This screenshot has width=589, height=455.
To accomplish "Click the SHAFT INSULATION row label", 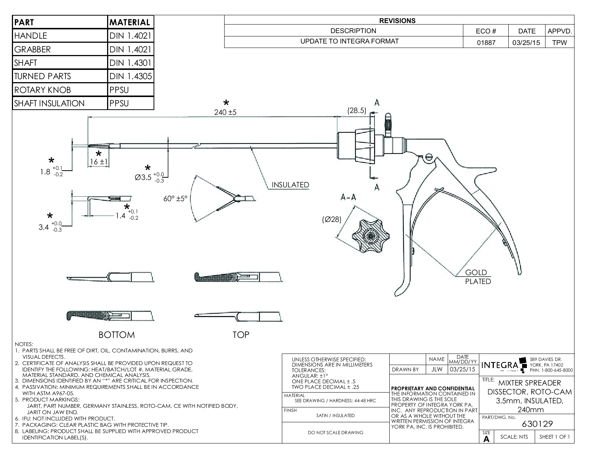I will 49,103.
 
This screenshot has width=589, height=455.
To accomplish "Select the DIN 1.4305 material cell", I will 131,76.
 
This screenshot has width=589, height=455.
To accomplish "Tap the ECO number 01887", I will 486,42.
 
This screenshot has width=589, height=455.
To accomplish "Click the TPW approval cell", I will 559,42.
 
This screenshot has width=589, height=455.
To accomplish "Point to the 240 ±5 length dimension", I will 225,112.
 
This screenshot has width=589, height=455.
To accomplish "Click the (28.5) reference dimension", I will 357,110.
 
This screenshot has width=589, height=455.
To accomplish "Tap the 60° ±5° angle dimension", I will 176,199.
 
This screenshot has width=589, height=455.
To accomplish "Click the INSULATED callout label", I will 290,185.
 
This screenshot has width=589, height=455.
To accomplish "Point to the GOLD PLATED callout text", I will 477,277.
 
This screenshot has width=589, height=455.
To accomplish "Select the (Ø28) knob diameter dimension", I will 331,219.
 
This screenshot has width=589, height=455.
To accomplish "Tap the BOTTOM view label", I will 117,335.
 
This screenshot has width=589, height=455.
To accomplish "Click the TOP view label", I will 241,335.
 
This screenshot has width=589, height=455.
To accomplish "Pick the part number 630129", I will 537,424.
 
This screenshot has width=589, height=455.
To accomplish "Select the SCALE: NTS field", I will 514,437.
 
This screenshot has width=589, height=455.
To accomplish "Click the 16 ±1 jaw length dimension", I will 98,162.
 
